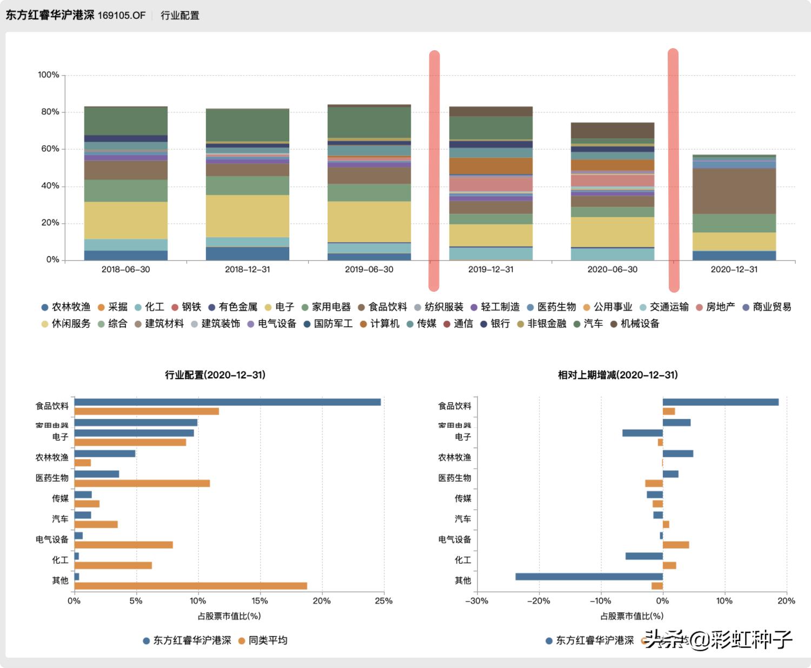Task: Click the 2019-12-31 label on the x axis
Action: (490, 269)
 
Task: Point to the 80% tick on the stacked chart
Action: (50, 112)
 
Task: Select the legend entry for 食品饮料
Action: (382, 307)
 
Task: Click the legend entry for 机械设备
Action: (635, 324)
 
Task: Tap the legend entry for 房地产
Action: (715, 307)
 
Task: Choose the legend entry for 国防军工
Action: (328, 324)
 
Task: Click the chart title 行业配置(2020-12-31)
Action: (215, 375)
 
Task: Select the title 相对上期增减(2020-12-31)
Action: (617, 375)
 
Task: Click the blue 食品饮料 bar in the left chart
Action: (227, 402)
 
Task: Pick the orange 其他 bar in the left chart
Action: (190, 586)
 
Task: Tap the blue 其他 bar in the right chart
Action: (589, 577)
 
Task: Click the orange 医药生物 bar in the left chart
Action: (142, 483)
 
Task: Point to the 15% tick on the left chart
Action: (260, 601)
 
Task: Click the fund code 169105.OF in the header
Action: (122, 15)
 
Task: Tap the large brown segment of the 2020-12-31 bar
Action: (734, 191)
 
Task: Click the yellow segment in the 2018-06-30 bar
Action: (125, 221)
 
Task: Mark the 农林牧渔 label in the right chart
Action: (454, 457)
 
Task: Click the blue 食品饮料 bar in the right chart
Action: (721, 402)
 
